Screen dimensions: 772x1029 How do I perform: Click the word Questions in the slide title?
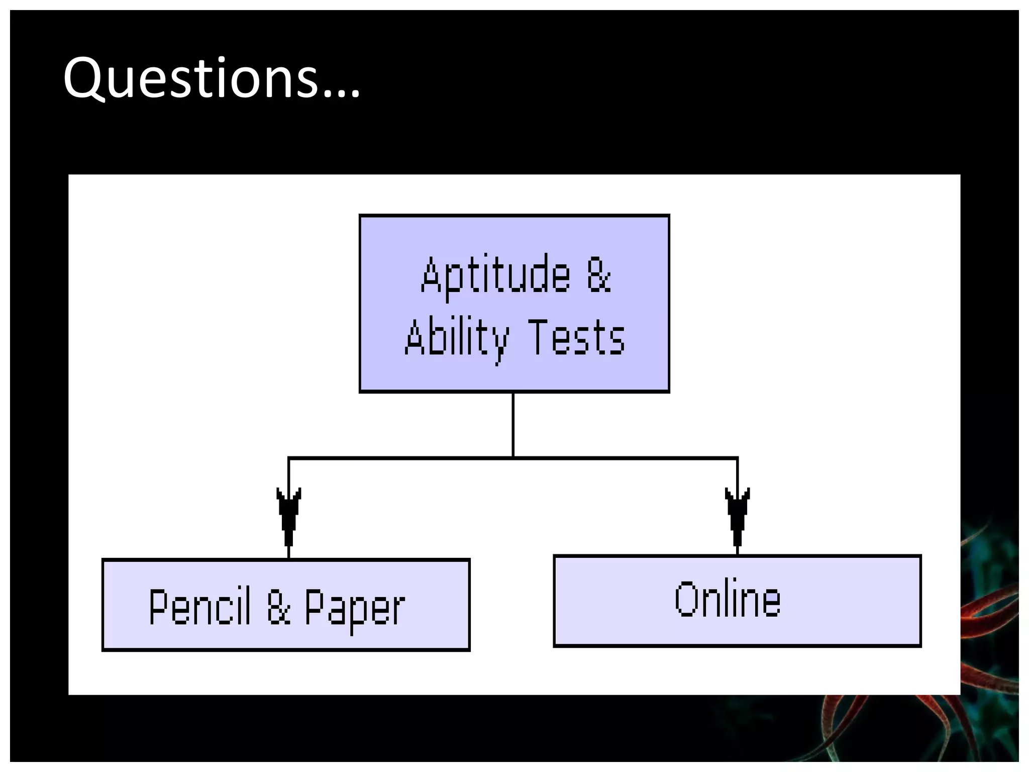point(191,78)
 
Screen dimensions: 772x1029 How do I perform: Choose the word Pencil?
point(199,607)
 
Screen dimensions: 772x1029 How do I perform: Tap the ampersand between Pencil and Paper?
point(279,607)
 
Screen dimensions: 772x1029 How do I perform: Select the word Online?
point(728,599)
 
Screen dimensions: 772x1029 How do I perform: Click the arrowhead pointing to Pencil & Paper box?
point(288,515)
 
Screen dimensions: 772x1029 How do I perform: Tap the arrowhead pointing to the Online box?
point(737,515)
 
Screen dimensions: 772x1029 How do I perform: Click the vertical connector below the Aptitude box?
point(513,425)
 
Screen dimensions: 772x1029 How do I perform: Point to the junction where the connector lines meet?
point(513,458)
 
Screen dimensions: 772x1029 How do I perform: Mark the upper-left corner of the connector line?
point(289,458)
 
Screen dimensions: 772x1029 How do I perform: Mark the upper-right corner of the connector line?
point(737,458)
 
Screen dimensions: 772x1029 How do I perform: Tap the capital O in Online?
point(687,599)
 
